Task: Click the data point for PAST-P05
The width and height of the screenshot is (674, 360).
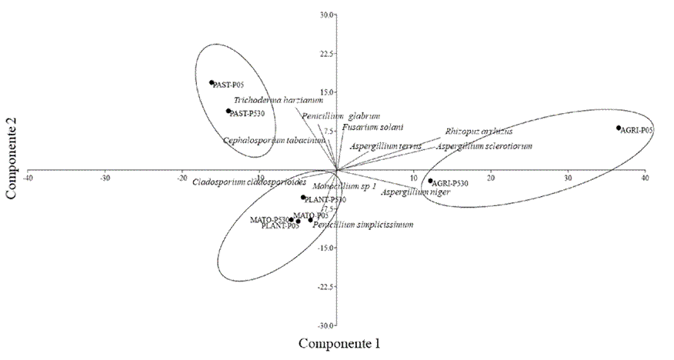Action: pyautogui.click(x=212, y=82)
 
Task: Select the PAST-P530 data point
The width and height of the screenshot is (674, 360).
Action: pyautogui.click(x=229, y=111)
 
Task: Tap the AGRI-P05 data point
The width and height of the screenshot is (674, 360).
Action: pyautogui.click(x=618, y=128)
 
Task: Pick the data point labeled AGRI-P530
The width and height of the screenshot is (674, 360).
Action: pyautogui.click(x=431, y=181)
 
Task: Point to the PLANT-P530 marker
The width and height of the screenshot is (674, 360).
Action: pyautogui.click(x=303, y=197)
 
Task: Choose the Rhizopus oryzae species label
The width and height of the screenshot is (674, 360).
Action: pyautogui.click(x=478, y=132)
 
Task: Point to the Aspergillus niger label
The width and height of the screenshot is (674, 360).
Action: pyautogui.click(x=415, y=192)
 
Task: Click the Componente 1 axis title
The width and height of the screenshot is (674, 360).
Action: pyautogui.click(x=339, y=342)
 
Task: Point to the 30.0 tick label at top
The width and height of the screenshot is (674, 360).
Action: pyautogui.click(x=327, y=15)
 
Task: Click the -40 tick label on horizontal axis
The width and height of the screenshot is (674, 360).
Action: pyautogui.click(x=28, y=178)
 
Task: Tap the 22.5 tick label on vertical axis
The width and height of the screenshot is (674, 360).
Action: pyautogui.click(x=326, y=54)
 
